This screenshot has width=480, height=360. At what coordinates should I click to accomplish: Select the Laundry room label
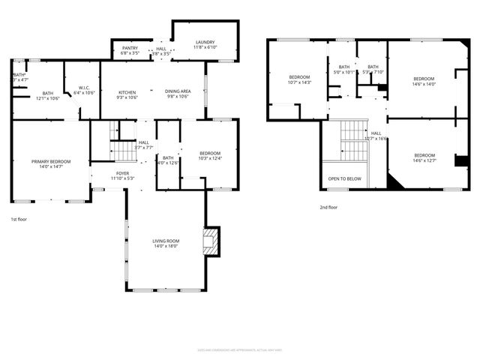tap(205, 45)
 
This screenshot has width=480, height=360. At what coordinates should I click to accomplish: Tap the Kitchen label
tap(127, 94)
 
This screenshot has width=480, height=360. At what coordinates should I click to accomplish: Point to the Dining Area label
tap(178, 94)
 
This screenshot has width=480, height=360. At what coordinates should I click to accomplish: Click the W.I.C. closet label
tap(83, 90)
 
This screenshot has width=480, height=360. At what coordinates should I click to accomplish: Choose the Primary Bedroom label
tap(51, 164)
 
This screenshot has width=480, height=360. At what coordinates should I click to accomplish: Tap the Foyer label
tap(122, 175)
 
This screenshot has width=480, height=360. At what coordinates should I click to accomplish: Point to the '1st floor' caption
tap(19, 219)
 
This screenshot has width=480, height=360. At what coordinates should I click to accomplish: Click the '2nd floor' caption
tap(328, 207)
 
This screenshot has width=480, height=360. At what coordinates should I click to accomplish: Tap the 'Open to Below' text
tap(344, 178)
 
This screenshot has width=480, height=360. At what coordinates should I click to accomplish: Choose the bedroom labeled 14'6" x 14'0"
tap(424, 82)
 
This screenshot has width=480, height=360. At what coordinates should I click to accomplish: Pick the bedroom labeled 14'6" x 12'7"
tap(424, 157)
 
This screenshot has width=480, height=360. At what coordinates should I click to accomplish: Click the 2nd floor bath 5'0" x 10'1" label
tap(344, 70)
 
